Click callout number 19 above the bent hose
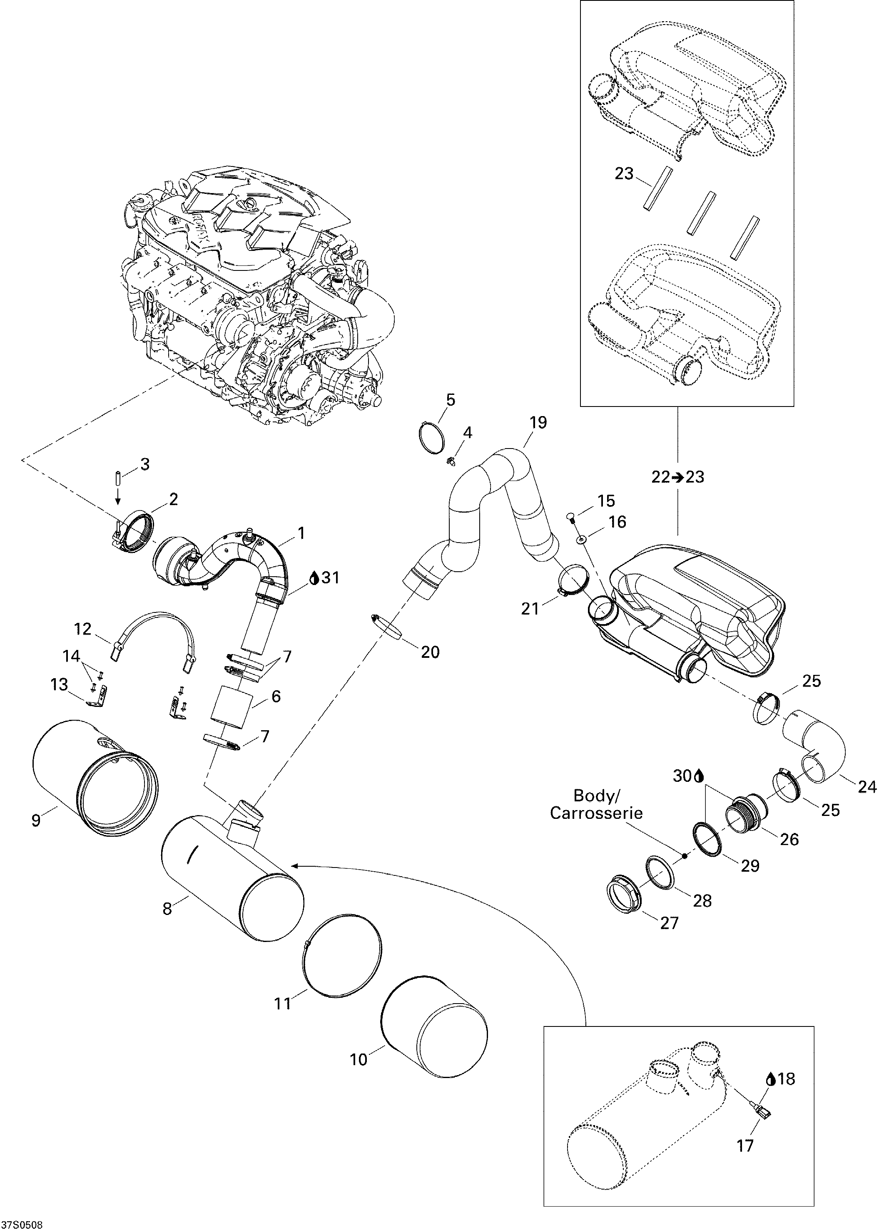pos(538,422)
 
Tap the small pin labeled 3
pos(116,478)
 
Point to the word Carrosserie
pos(596,813)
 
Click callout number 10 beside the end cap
pos(359,1059)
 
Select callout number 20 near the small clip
pos(430,652)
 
